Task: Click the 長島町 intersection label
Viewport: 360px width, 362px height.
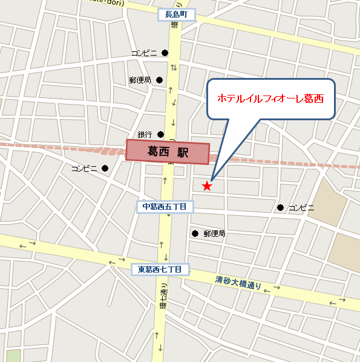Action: (177, 15)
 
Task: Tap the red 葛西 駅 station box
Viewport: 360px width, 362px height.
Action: (167, 152)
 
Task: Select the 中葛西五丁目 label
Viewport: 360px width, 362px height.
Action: (164, 207)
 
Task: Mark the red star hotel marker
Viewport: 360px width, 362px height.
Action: (207, 186)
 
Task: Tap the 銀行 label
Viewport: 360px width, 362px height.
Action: (145, 134)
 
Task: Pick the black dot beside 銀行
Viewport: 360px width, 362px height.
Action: (160, 134)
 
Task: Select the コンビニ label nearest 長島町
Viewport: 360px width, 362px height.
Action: (144, 53)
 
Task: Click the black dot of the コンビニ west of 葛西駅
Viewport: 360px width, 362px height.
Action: (105, 168)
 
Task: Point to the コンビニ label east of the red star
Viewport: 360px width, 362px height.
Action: (301, 208)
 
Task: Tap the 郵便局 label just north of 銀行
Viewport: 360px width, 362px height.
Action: (140, 80)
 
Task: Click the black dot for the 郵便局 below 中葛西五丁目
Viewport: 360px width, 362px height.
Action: (195, 233)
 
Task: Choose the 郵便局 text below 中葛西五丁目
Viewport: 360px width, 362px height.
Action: (214, 233)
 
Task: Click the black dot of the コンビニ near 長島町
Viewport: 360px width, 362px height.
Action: (164, 53)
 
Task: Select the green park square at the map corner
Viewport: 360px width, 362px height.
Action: (13, 356)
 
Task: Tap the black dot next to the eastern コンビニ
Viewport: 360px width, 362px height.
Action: (280, 208)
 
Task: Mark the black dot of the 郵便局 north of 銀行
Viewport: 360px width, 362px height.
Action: (160, 80)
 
